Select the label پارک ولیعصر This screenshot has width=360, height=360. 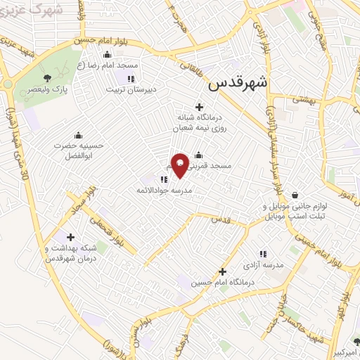pos(48,91)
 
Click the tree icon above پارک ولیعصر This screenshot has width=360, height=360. pos(48,78)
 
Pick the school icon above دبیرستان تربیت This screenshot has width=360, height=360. pos(130,77)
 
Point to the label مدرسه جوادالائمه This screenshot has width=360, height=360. pos(165,191)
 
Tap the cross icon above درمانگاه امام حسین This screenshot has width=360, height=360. pos(223,271)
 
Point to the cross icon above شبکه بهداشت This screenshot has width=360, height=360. pos(70,236)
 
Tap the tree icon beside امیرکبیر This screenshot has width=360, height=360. pos(356,342)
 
